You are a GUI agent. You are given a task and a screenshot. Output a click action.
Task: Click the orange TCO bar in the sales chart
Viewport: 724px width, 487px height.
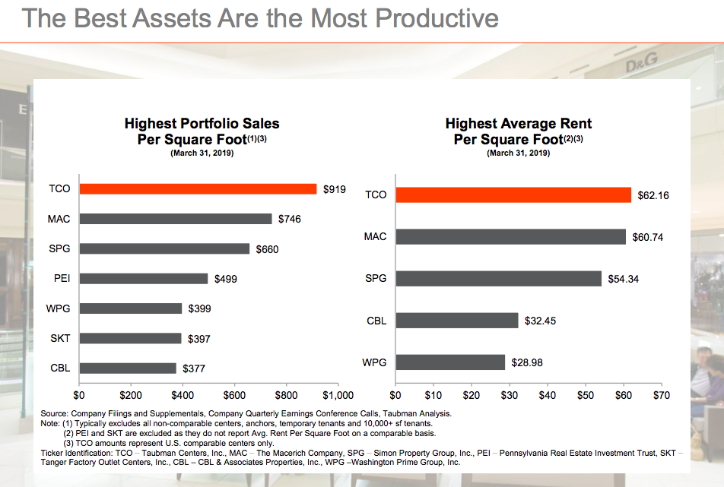[198, 189]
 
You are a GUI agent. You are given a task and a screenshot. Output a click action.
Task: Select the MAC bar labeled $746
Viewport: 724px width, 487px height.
[176, 219]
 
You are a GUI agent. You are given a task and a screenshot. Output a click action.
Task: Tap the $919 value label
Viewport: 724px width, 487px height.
[334, 189]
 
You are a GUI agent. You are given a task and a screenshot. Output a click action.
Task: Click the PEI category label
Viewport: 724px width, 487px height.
[62, 279]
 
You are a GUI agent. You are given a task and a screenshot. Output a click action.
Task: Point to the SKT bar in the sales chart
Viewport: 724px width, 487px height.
[130, 338]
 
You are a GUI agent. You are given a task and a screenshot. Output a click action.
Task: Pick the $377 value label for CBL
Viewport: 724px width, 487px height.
[195, 368]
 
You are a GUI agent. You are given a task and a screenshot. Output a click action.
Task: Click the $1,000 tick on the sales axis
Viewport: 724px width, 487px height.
[338, 395]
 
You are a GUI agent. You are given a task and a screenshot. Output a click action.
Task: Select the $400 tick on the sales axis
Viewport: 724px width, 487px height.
[183, 395]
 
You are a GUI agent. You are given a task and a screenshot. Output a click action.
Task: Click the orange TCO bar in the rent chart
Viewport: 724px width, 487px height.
[513, 195]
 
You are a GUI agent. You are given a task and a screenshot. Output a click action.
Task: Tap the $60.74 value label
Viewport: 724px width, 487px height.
[647, 237]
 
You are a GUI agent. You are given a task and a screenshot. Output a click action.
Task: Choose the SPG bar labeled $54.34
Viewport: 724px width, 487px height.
[498, 279]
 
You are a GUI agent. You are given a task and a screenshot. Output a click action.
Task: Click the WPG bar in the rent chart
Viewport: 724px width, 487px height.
[450, 362]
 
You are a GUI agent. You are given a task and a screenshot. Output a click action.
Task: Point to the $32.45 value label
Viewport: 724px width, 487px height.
[540, 321]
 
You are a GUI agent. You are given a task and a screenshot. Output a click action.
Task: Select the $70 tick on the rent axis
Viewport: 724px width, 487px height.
[662, 395]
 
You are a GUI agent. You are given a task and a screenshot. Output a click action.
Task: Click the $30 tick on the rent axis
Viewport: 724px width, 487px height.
[510, 395]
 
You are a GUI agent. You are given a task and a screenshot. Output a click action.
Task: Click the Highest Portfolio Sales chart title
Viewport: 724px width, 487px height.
[202, 131]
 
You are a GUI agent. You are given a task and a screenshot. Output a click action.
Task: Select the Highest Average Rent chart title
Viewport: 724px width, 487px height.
[518, 131]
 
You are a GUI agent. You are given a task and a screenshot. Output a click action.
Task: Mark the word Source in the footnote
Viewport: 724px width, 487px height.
[55, 413]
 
